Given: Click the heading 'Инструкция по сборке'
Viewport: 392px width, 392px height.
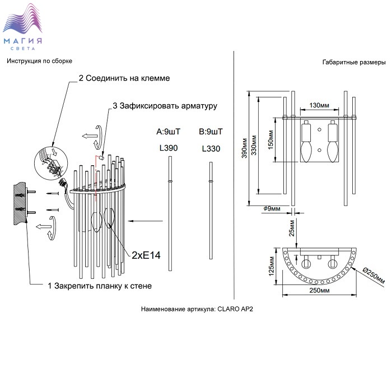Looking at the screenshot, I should click(40, 60).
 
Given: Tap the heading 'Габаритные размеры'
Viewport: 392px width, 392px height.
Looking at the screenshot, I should click(354, 62).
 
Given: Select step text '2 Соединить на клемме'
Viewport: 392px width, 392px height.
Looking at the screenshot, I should click(124, 78).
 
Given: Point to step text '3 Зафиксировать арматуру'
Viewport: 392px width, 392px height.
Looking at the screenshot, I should click(165, 105).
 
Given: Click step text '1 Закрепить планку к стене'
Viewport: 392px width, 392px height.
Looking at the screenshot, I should click(100, 286).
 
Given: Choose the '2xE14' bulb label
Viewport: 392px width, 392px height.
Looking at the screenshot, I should click(146, 255).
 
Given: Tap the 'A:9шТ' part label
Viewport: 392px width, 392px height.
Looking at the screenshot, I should click(169, 132).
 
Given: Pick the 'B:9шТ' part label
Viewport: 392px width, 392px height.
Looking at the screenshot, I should click(211, 132).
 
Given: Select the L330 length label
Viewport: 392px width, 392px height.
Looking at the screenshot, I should click(211, 149).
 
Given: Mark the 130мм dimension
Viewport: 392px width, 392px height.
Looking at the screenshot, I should click(318, 105).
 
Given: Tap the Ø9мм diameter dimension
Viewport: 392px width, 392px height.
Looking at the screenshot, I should click(272, 209).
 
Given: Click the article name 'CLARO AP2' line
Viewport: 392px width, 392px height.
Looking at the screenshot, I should click(198, 309).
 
